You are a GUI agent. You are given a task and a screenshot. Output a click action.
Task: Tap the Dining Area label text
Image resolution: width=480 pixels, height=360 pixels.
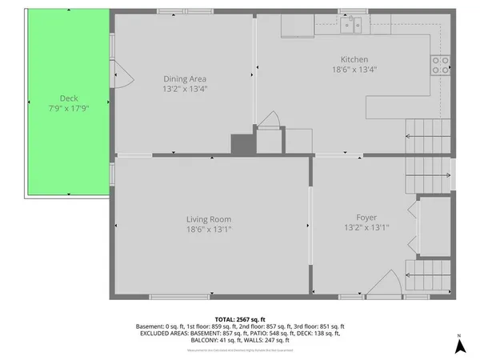(185, 78)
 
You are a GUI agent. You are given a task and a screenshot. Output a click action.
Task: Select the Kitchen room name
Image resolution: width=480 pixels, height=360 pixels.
(354, 59)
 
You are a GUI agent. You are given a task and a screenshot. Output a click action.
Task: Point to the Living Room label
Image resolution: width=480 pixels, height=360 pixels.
(210, 219)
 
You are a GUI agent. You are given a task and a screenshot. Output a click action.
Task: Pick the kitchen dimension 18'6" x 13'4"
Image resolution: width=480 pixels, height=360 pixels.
(354, 70)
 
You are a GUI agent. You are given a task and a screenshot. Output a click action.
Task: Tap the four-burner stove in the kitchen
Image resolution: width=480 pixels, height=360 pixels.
(440, 65)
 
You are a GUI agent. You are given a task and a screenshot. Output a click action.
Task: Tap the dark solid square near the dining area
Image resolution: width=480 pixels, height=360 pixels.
(241, 144)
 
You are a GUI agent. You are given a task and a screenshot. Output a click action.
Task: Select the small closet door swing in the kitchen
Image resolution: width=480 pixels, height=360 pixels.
(269, 122)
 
